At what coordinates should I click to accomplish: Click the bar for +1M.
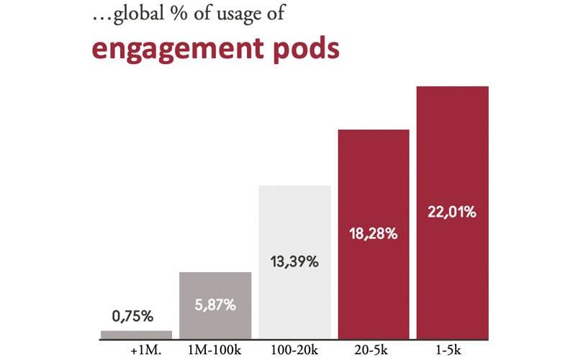pos(136,334)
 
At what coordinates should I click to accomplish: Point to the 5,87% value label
pos(215,305)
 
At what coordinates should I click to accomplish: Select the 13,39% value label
pos(294,261)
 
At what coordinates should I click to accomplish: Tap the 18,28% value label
pos(374,234)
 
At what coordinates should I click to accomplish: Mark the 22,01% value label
pos(453,212)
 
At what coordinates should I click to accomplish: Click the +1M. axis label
pos(145,351)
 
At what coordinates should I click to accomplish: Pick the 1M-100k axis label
pos(215,351)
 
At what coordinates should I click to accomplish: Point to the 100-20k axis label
pos(294,351)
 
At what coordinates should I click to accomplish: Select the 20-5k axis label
pos(374,351)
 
